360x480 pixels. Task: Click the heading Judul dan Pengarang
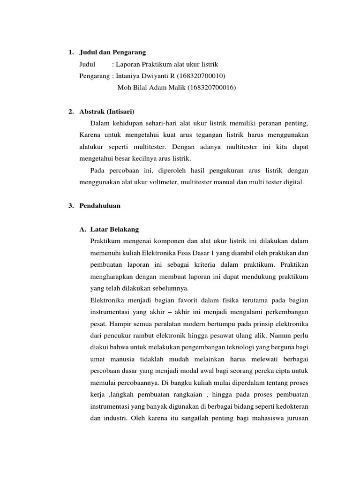[x=113, y=52]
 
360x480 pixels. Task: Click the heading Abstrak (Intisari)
[x=107, y=112]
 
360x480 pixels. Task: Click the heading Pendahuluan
[x=100, y=206]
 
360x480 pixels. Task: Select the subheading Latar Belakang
[x=115, y=229]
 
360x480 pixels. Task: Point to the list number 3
[x=70, y=206]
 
